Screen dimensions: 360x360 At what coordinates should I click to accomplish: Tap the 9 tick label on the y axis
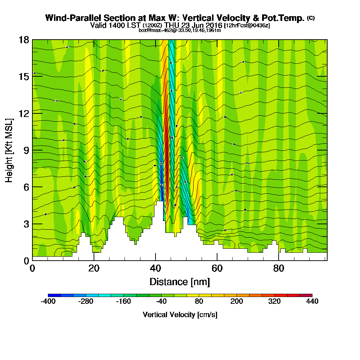point(26,150)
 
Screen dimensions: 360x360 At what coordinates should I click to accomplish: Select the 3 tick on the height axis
point(26,224)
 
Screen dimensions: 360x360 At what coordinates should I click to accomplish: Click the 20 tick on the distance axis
point(94,269)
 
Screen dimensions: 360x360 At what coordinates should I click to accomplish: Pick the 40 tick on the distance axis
point(156,269)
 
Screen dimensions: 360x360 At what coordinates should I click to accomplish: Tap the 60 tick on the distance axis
point(217,269)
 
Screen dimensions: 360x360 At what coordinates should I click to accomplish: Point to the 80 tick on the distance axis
point(279,269)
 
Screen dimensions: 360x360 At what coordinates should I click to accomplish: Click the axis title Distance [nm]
point(180,282)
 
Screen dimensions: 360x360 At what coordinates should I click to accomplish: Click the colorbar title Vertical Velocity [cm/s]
point(180,315)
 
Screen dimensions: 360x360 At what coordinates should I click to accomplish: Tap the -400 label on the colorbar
point(48,302)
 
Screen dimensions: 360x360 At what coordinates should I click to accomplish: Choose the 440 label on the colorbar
point(312,302)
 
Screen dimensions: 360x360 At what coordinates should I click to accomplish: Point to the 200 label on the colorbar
point(237,302)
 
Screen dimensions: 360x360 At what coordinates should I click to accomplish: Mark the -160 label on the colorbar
point(123,302)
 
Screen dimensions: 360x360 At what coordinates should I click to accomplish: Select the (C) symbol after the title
point(311,18)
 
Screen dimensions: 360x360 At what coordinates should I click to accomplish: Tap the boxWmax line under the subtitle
point(180,30)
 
